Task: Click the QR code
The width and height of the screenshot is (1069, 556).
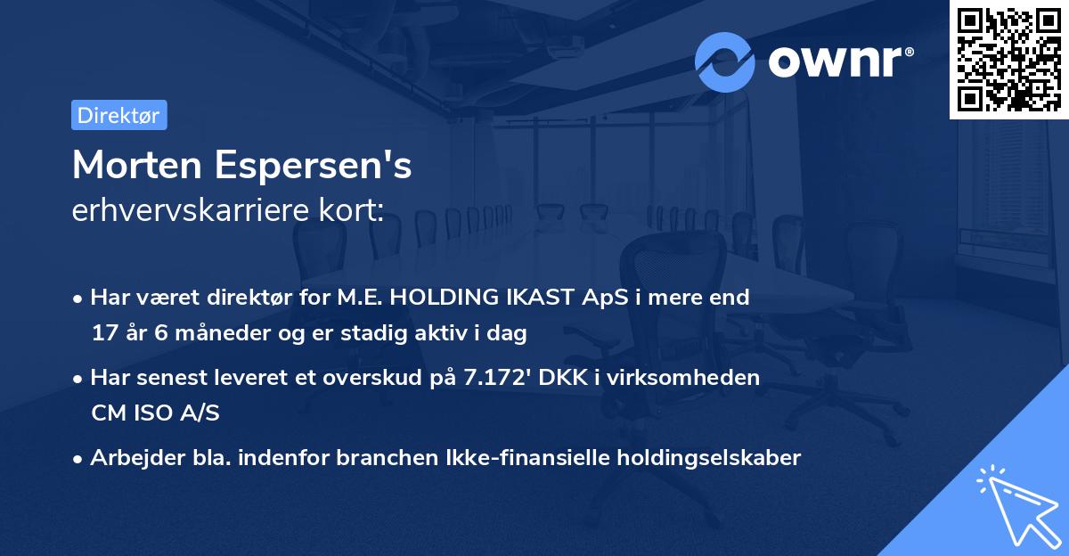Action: point(1008,59)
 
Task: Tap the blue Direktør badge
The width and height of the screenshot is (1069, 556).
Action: point(118,115)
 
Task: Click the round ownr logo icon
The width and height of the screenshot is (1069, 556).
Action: point(725,61)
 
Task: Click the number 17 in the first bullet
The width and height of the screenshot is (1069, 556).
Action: point(104,334)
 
